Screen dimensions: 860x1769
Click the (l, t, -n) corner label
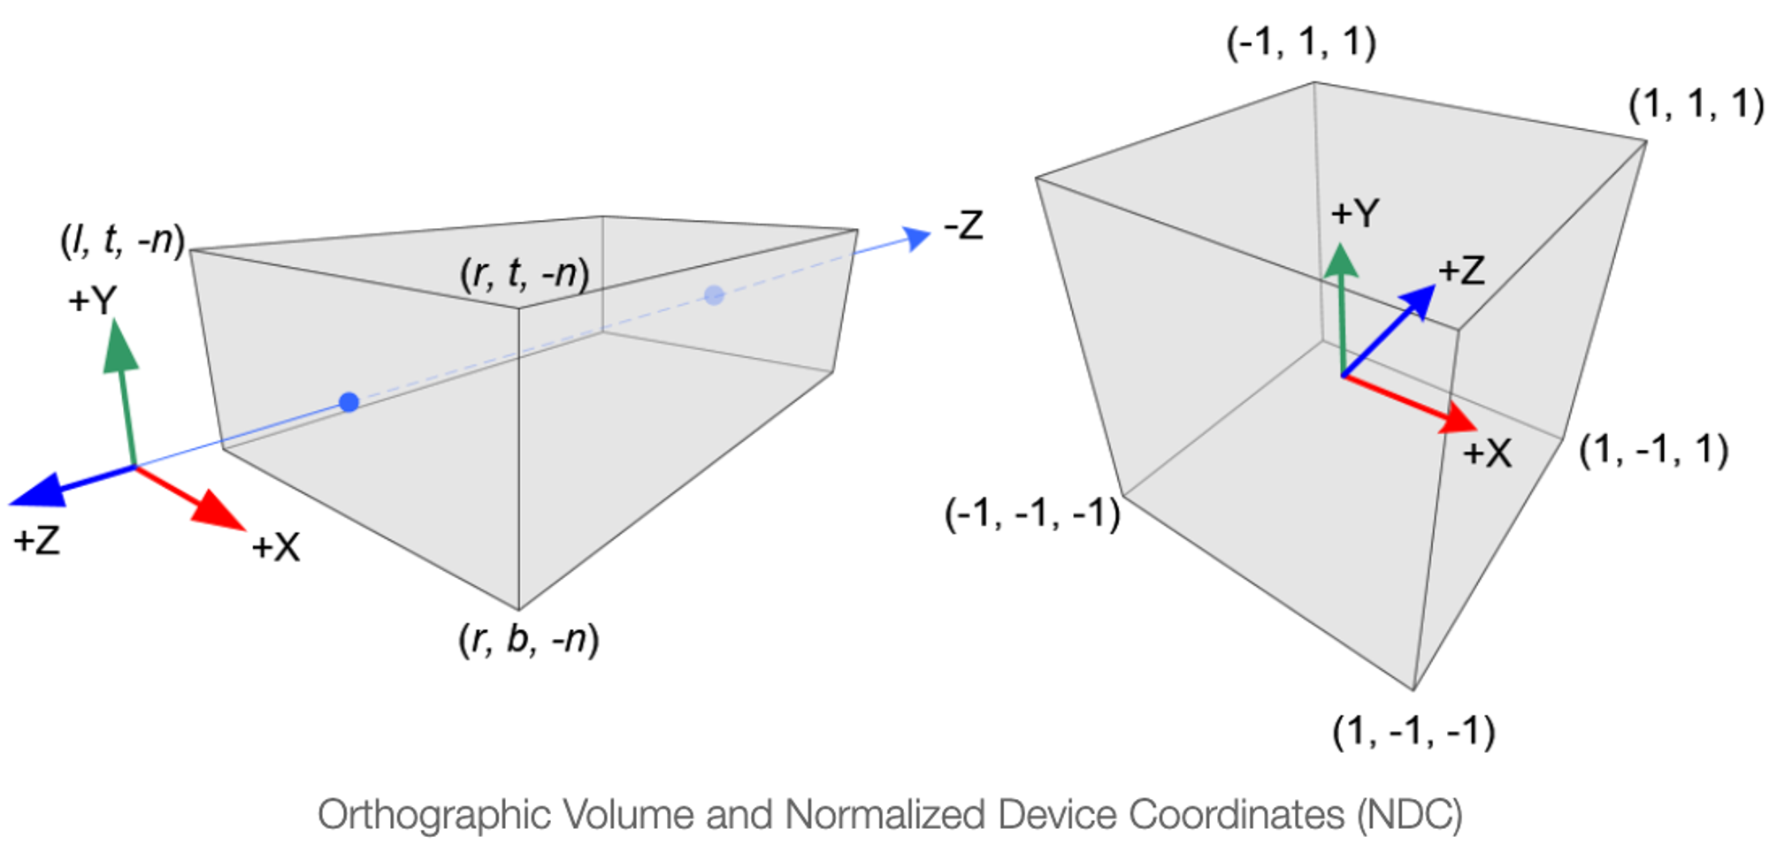(122, 240)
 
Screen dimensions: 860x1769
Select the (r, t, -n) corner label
(524, 274)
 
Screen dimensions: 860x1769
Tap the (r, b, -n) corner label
(528, 638)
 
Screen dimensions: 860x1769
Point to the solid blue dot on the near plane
(349, 403)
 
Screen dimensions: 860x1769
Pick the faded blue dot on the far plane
(714, 295)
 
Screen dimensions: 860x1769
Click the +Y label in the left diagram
(92, 301)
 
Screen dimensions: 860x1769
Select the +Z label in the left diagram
(36, 540)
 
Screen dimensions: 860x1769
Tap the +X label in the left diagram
(276, 547)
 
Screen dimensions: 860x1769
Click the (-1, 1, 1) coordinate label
(1301, 42)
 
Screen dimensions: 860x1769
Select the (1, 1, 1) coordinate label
(1696, 104)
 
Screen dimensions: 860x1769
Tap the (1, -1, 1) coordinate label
(1653, 450)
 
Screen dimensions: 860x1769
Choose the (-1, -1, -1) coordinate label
(1032, 514)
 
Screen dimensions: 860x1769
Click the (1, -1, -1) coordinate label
(1413, 732)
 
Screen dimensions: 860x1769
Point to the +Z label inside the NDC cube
(1461, 270)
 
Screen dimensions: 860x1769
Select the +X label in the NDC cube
(1487, 453)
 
